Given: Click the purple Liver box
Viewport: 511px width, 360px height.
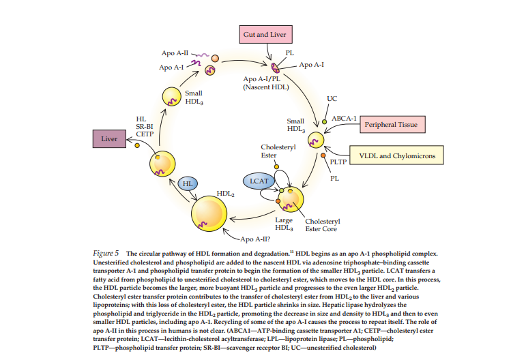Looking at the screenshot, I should tap(109, 139).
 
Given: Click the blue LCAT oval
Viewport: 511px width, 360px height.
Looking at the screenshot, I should tap(259, 181).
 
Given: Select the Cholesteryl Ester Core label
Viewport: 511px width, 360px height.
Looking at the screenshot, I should tap(322, 225).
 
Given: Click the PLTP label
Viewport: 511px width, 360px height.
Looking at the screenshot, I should tap(338, 162).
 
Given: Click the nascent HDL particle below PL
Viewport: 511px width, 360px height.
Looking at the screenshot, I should tap(277, 67).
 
